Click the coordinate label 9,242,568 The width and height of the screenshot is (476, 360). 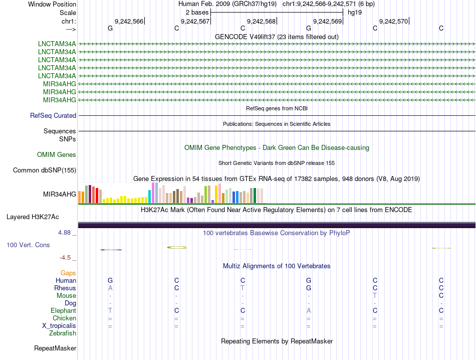[x=261, y=21]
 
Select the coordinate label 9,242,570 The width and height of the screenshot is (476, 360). [x=393, y=21]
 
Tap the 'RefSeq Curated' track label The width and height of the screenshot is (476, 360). [x=53, y=116]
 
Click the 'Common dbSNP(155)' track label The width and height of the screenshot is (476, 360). [x=45, y=170]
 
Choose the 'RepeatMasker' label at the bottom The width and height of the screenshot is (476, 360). [x=55, y=348]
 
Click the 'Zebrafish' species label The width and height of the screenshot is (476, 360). [x=63, y=333]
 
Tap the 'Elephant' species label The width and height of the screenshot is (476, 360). [x=63, y=311]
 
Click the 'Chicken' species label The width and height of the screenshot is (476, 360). [x=65, y=318]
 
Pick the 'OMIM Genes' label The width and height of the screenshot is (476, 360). [x=57, y=155]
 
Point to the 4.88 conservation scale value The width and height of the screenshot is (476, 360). [x=65, y=233]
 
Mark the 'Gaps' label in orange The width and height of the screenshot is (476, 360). [x=68, y=273]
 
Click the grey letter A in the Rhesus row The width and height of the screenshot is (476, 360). [x=110, y=288]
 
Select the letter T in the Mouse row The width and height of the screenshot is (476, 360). [x=375, y=296]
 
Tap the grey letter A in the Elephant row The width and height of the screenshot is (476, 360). [x=309, y=311]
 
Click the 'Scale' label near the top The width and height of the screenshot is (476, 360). [x=68, y=13]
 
